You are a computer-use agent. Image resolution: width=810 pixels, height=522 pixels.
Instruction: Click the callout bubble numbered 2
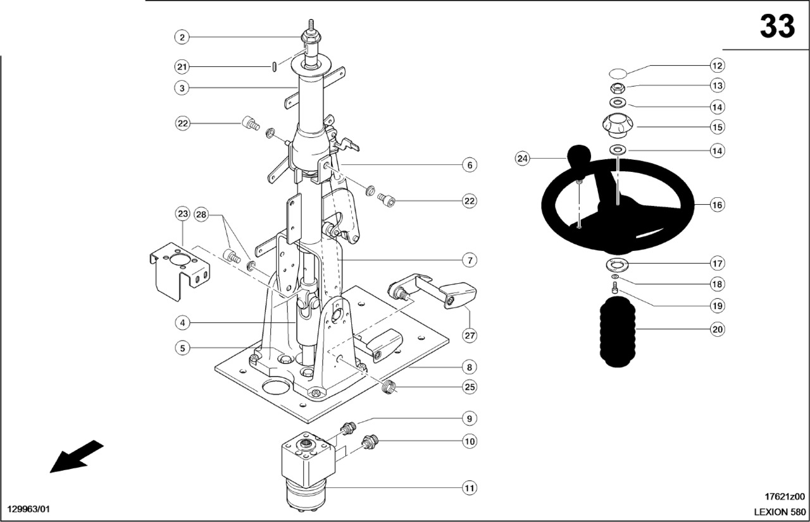[182, 37]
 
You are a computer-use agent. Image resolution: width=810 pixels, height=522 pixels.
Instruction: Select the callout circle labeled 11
[469, 488]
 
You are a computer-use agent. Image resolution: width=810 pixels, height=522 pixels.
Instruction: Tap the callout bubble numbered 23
[182, 214]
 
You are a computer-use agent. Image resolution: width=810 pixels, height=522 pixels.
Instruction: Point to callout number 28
[201, 214]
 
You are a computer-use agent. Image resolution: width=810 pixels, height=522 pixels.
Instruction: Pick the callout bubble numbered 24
[522, 159]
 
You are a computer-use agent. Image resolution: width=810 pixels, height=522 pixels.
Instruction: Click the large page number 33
[777, 27]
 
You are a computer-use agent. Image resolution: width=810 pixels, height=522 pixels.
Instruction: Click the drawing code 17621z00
[784, 497]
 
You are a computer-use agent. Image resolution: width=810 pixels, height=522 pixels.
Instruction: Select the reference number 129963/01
[28, 509]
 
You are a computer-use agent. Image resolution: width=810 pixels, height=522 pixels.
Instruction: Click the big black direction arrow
[76, 456]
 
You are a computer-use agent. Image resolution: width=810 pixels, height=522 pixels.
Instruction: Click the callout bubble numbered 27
[469, 336]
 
